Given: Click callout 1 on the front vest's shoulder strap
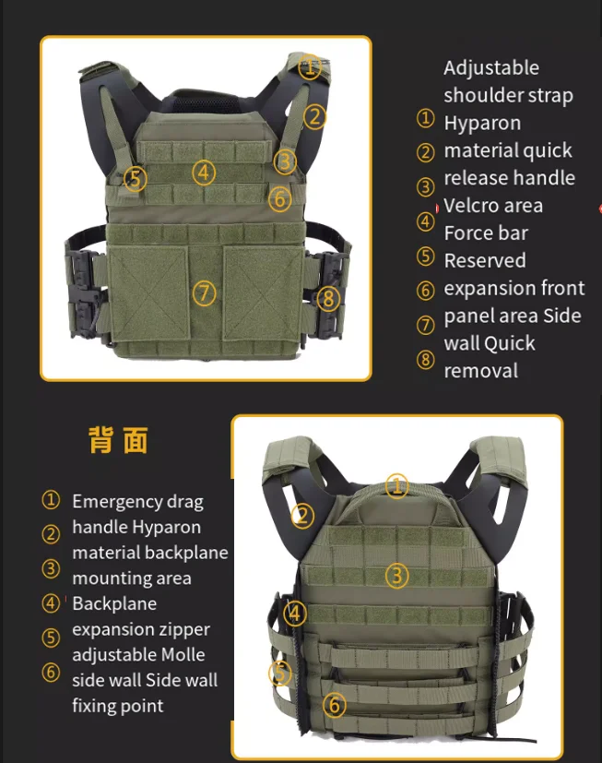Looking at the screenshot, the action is (310, 66).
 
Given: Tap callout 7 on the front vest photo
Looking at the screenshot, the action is (205, 293).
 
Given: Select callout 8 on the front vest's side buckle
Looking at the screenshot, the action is (329, 298).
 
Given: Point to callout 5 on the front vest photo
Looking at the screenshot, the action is (136, 179).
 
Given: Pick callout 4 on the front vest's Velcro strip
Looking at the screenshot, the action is (204, 173).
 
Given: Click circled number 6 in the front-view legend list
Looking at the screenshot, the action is (426, 291).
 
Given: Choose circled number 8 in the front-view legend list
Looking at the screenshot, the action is (426, 360).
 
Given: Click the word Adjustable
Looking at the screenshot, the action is (491, 68).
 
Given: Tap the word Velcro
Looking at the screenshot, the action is (467, 206).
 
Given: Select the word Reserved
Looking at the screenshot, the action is (485, 261).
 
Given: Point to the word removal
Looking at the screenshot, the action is (481, 371).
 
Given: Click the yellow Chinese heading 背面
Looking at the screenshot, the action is (118, 440).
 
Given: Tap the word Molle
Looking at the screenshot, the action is (183, 655).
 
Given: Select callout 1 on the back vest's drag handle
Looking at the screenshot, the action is (396, 485).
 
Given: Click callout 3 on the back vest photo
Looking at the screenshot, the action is (396, 576).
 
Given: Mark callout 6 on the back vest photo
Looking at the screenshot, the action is (335, 705).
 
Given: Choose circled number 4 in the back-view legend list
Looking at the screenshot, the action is (51, 603).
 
